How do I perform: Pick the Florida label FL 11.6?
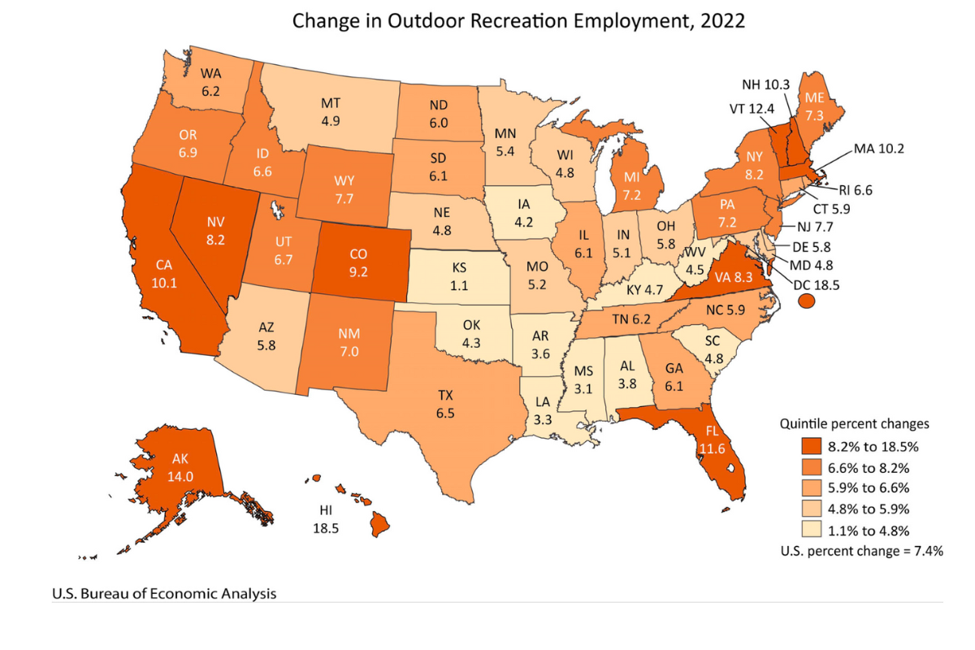point(712,439)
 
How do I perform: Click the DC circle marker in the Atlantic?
point(807,301)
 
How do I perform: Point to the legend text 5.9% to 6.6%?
point(869,487)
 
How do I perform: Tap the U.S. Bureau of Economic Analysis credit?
point(164,594)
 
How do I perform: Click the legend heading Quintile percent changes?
point(854,423)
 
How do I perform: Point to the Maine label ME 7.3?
point(812,106)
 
